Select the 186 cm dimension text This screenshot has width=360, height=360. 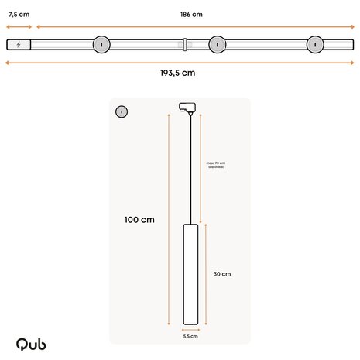[191, 14]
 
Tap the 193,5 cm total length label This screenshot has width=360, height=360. [177, 73]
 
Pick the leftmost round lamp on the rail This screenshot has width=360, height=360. [101, 44]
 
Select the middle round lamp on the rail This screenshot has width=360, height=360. [218, 44]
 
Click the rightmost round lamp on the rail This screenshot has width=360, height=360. [315, 44]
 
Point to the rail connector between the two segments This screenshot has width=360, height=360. [184, 44]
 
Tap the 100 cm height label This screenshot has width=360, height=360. [139, 220]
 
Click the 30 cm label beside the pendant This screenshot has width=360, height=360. [222, 274]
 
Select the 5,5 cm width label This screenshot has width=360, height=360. [190, 337]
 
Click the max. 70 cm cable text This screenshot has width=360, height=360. [215, 164]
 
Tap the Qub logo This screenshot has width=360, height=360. [31, 343]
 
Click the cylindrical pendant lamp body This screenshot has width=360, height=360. [190, 274]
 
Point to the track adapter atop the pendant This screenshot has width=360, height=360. [187, 107]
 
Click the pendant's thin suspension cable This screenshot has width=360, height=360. [190, 170]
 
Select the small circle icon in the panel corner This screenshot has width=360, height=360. [122, 111]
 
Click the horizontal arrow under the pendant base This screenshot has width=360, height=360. [190, 330]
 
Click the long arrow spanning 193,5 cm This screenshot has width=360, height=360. [177, 63]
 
